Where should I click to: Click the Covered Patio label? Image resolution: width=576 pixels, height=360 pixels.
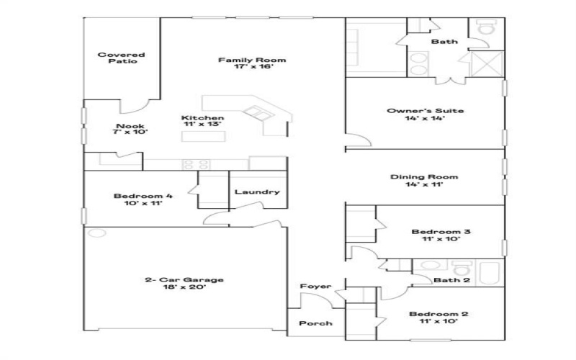pyautogui.click(x=121, y=58)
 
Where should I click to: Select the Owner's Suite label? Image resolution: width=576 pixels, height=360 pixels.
pyautogui.click(x=426, y=111)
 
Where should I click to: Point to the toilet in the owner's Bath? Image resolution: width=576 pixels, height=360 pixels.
pyautogui.click(x=486, y=27)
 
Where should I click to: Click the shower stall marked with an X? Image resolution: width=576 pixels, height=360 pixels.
pyautogui.click(x=487, y=64)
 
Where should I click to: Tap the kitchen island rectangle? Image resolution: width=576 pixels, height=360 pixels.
pyautogui.click(x=203, y=136)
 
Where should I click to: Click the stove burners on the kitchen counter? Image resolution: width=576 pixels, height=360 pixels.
pyautogui.click(x=196, y=164)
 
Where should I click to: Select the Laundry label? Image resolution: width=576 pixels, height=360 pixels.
pyautogui.click(x=257, y=192)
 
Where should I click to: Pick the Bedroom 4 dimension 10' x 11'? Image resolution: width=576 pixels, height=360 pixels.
pyautogui.click(x=143, y=203)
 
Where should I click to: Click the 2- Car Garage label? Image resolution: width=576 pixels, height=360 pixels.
pyautogui.click(x=184, y=280)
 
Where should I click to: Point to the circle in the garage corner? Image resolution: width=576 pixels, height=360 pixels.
pyautogui.click(x=97, y=233)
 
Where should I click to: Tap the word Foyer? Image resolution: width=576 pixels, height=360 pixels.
pyautogui.click(x=315, y=286)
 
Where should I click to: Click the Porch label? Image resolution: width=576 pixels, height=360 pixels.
pyautogui.click(x=315, y=323)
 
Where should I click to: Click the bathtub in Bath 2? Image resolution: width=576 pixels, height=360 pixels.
pyautogui.click(x=490, y=273)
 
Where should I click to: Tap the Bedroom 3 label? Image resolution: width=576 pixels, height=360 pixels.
pyautogui.click(x=441, y=232)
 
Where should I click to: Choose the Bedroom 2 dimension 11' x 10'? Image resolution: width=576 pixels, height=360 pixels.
pyautogui.click(x=438, y=321)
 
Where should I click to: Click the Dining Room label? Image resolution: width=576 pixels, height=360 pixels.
pyautogui.click(x=424, y=176)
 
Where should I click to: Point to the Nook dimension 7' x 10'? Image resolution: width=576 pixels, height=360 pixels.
pyautogui.click(x=130, y=132)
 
